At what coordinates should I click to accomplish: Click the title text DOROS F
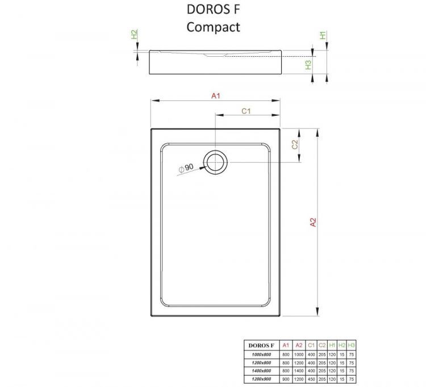click(x=215, y=10)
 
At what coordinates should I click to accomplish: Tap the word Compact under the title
click(x=215, y=27)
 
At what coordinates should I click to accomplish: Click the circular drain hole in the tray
click(x=216, y=162)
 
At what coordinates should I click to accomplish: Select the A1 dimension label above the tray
click(x=216, y=96)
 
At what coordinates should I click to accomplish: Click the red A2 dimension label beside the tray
click(x=312, y=222)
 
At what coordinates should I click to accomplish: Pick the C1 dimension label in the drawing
click(x=247, y=111)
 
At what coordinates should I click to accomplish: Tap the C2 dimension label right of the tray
click(x=295, y=145)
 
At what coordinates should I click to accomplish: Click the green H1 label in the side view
click(x=323, y=36)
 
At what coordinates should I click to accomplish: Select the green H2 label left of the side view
click(x=134, y=35)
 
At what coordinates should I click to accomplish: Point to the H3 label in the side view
click(x=308, y=64)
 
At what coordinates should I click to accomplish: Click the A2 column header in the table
click(x=299, y=345)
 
